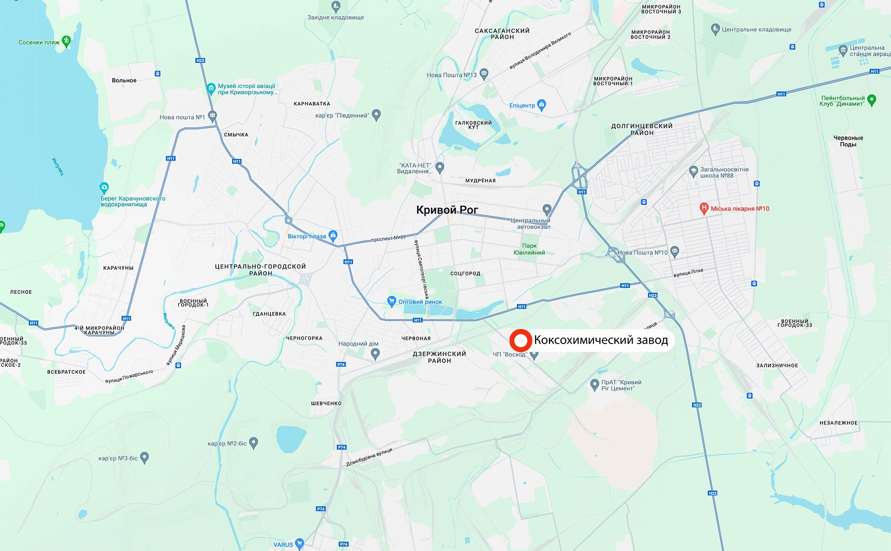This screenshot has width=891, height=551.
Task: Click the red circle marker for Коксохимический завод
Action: pos(520,340)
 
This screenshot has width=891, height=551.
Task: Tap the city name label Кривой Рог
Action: pos(446,210)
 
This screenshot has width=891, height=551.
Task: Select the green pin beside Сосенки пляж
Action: pos(66,41)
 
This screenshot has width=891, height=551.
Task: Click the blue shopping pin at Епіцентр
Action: pos(541,104)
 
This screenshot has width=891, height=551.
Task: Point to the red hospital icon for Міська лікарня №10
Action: pos(704,208)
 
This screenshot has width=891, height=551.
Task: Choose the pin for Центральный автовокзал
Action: pos(547,209)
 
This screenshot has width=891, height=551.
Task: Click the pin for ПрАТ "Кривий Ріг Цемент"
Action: pos(594,384)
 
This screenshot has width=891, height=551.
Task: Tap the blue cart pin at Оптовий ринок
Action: pos(391,301)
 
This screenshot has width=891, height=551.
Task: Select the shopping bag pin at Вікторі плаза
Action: pos(333,235)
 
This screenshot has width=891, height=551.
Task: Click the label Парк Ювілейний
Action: pos(529,249)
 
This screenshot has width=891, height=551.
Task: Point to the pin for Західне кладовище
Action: pos(336,6)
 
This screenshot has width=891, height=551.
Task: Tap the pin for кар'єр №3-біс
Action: pos(144,458)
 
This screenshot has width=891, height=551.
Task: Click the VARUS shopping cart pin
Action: pos(299,543)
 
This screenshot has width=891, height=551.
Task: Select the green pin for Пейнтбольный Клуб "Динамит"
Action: pos(872,100)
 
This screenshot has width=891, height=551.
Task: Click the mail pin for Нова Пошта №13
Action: pos(484,73)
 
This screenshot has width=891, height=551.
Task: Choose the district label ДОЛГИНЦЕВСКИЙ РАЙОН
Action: pos(642,130)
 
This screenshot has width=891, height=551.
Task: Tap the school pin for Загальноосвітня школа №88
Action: pos(693,171)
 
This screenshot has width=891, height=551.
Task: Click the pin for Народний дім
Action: pos(375,354)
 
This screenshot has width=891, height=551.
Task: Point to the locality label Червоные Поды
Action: pos(848,141)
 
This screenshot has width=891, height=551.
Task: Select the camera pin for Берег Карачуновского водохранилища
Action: pos(104,188)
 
